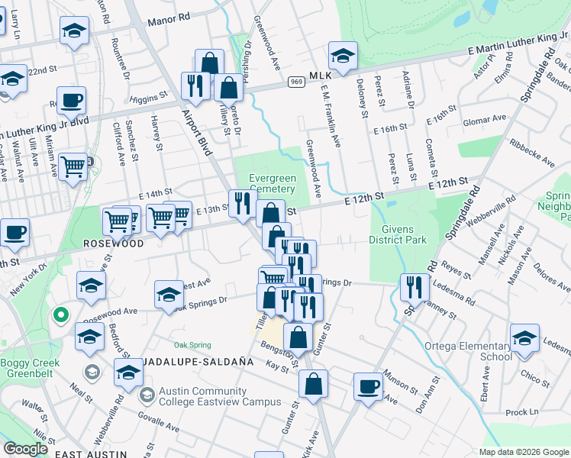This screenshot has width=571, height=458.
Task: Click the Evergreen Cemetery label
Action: tap(272, 183)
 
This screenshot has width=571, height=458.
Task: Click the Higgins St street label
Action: tap(148, 98)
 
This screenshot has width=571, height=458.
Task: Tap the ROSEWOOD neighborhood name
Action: tap(113, 244)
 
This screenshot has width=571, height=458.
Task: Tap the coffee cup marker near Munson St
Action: tap(369, 385)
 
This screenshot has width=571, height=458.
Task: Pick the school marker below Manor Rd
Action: tap(74, 31)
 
